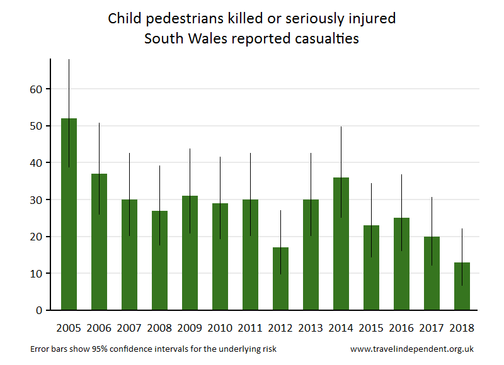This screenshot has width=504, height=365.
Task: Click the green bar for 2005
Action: pos(69,214)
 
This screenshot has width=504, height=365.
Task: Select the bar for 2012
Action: pos(280,279)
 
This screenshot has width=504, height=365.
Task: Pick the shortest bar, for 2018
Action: pos(462,286)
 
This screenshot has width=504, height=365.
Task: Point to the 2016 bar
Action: pos(401,264)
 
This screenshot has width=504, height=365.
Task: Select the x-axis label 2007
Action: pos(129,328)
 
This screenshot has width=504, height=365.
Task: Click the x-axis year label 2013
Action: pos(311,328)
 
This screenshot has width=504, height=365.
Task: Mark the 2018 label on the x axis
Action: pos(462,328)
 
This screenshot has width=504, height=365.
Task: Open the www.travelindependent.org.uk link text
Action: pos(412,349)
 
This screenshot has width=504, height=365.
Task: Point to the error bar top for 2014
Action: pos(341,128)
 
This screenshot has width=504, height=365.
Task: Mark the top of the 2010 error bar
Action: pos(220,157)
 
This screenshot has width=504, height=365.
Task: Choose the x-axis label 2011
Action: pos(250,328)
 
